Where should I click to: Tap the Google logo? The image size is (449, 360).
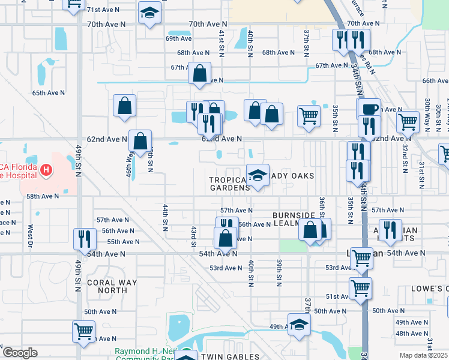pyautogui.click(x=20, y=353)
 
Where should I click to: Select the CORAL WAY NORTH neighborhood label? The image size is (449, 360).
pyautogui.click(x=112, y=286)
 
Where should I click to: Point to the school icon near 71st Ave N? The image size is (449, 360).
pyautogui.click(x=149, y=13)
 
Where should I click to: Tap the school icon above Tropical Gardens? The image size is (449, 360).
pyautogui.click(x=258, y=175)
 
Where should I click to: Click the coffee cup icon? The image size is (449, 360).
pyautogui.click(x=370, y=109)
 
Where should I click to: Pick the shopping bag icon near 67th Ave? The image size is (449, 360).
pyautogui.click(x=199, y=73)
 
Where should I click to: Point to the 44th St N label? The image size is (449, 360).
pyautogui.click(x=166, y=217)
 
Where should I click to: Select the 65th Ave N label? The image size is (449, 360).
pyautogui.click(x=48, y=93)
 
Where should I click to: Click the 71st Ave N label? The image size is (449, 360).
pyautogui.click(x=103, y=10)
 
